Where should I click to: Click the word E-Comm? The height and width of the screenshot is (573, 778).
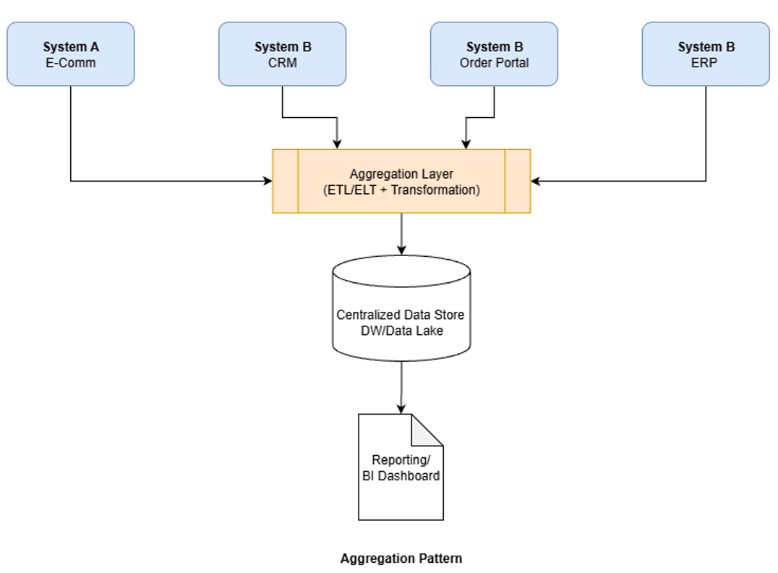coord(70,63)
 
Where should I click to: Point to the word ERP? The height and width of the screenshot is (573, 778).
coord(706,63)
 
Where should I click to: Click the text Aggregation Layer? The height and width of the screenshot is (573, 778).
coord(401,174)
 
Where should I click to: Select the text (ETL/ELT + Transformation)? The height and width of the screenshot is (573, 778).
coord(401,190)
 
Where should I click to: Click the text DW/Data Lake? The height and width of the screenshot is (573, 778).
coord(401,330)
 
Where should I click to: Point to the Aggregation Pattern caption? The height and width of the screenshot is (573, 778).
coord(401,559)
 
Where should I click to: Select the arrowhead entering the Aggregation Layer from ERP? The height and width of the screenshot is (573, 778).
coord(536,181)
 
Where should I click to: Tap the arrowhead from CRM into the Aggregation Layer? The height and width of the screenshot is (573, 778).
coord(338,144)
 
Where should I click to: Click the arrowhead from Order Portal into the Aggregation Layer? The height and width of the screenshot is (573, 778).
coord(466,144)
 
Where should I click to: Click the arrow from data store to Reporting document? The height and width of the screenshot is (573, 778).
coord(401,387)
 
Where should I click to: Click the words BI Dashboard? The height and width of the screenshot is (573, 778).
coord(401,476)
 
